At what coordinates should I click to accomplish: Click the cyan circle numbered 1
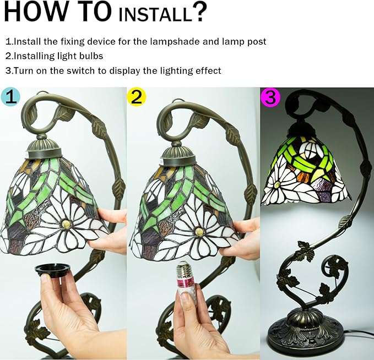click(x=10, y=97)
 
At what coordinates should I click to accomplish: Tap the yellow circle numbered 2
click(x=136, y=96)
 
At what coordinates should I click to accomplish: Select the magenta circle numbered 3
click(x=270, y=97)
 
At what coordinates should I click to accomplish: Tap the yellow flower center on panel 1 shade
click(x=66, y=224)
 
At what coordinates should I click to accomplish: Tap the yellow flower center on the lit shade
click(x=278, y=184)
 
